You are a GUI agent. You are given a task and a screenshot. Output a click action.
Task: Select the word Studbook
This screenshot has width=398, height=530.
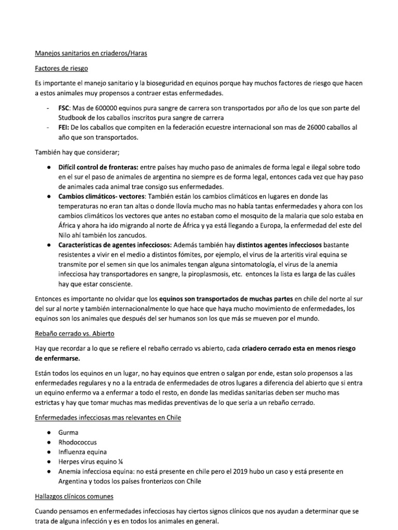[74, 117]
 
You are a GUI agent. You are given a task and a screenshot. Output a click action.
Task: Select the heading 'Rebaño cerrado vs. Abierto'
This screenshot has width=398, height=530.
[75, 334]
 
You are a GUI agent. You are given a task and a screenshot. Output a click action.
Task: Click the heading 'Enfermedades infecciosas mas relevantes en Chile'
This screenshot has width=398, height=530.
[108, 418]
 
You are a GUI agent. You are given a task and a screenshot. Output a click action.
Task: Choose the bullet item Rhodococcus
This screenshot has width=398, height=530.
[77, 443]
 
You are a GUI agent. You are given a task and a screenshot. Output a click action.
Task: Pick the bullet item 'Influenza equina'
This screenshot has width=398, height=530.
[82, 452]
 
